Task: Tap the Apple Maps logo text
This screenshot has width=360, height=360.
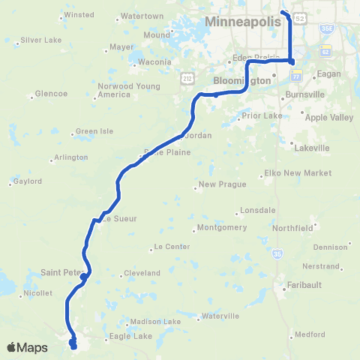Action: (x=28, y=347)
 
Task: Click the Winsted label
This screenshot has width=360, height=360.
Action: (x=79, y=14)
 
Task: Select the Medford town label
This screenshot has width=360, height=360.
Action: (x=310, y=334)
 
